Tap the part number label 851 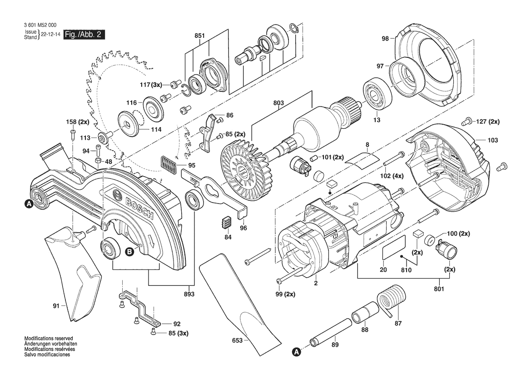200,36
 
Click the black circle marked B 129,251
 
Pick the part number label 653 238,340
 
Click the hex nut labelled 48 98,161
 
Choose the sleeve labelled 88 364,314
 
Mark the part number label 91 56,306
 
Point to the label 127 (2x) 487,122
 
